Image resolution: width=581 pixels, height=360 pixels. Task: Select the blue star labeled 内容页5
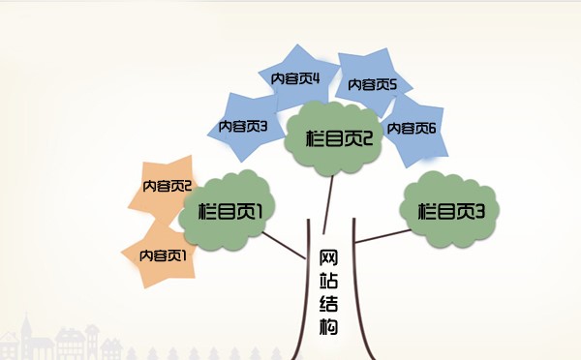373,85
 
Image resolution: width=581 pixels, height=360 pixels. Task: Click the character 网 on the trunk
328,258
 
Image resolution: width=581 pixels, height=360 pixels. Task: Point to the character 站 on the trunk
328,281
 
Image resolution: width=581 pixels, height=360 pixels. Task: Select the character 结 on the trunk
328,304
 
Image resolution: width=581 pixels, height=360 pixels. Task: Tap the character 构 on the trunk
328,327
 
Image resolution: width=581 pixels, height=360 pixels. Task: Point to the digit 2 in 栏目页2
366,138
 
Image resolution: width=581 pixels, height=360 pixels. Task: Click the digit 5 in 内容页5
392,84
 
